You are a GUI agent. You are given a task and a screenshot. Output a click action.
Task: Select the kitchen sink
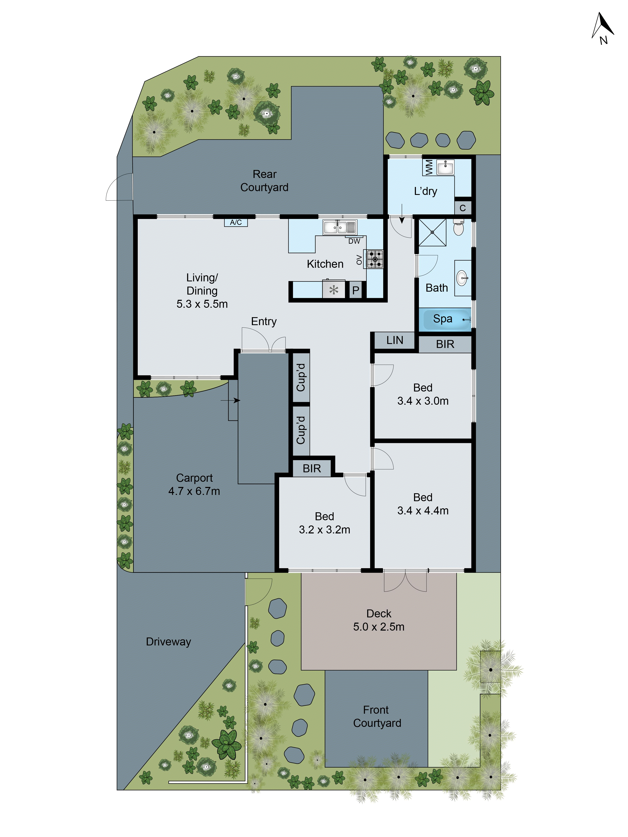339,227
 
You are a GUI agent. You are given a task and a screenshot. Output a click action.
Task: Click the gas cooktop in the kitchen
375,259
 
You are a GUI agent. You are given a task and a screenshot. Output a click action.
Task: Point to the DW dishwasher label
354,241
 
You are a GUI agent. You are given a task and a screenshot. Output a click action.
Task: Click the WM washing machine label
429,167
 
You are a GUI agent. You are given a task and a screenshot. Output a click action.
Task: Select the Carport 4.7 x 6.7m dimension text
194,491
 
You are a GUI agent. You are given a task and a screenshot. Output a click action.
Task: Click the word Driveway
168,642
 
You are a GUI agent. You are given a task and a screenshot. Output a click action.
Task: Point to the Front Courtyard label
377,716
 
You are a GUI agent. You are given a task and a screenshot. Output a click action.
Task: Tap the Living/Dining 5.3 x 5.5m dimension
202,304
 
